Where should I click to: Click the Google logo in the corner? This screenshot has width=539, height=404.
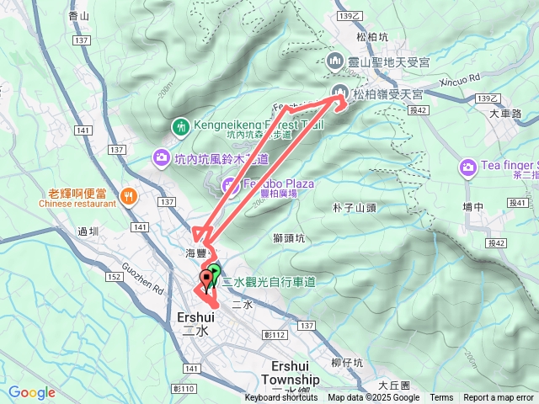pyautogui.click(x=32, y=392)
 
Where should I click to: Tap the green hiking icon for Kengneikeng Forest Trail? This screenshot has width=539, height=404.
pyautogui.click(x=180, y=127)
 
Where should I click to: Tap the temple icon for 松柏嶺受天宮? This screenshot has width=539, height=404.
pyautogui.click(x=340, y=93)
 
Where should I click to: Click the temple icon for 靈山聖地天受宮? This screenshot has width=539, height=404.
pyautogui.click(x=334, y=61)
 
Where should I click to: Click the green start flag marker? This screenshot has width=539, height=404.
pyautogui.click(x=215, y=273)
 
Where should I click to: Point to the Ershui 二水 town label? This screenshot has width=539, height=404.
pyautogui.click(x=199, y=323)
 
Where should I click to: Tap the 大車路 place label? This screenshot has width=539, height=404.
pyautogui.click(x=505, y=113)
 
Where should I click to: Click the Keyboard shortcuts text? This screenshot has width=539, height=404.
pyautogui.click(x=281, y=398)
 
